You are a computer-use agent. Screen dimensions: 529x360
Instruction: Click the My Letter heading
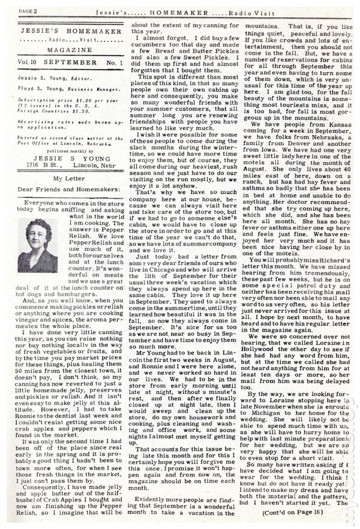[x=66, y=196]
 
